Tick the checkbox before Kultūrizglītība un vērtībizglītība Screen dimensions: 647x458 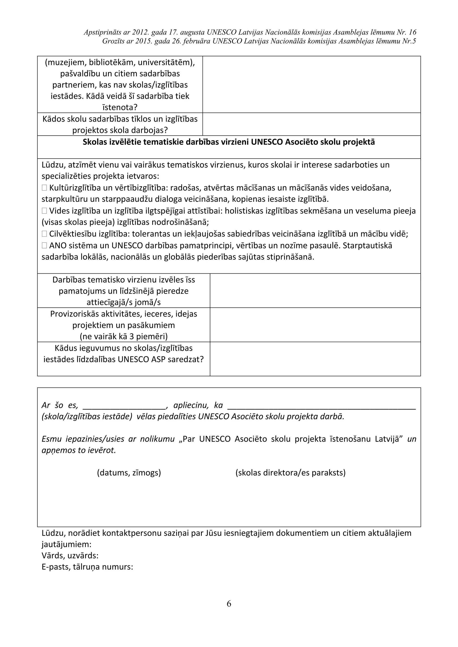pos(44,188)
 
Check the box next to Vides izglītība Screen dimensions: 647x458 pos(44,211)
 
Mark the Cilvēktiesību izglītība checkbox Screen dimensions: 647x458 pos(44,234)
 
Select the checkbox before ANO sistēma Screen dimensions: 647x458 pos(44,246)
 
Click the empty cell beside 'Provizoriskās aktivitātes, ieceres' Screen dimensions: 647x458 pos(315,325)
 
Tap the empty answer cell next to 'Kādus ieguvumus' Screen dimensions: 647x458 pos(315,359)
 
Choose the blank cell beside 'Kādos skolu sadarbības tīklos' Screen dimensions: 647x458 pos(311,124)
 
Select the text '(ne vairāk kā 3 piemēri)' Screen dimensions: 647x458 pos(123,336)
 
